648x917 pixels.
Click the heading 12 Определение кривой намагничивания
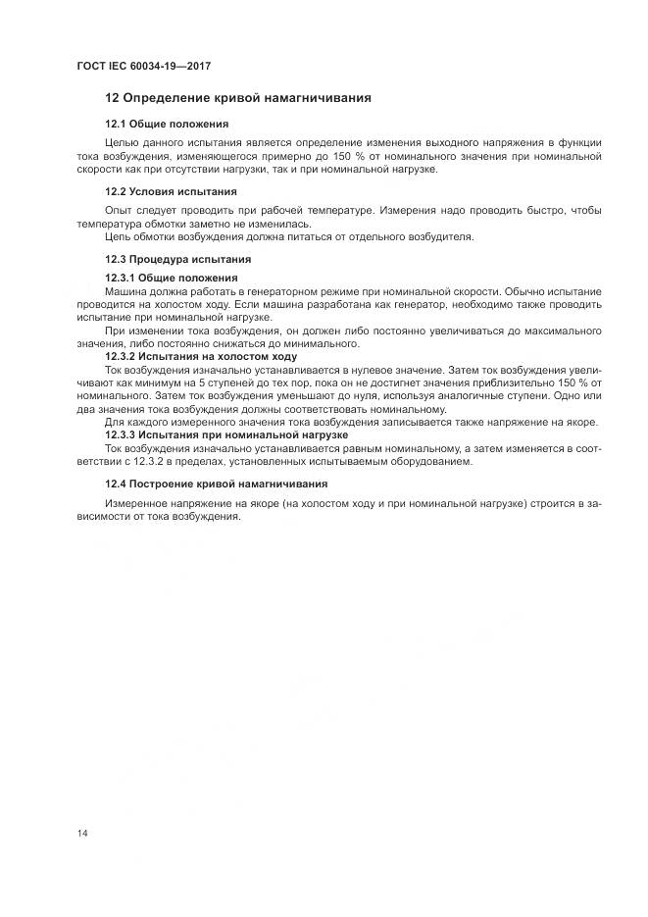[237, 98]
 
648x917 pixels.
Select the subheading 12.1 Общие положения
[167, 125]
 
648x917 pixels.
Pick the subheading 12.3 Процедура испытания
[177, 259]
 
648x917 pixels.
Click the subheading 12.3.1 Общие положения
[171, 279]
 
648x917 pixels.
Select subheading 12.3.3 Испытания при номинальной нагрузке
[225, 433]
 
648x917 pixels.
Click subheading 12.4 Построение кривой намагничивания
[216, 484]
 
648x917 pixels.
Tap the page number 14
[82, 833]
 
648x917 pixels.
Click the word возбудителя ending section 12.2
[441, 236]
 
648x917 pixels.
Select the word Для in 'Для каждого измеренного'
[114, 422]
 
